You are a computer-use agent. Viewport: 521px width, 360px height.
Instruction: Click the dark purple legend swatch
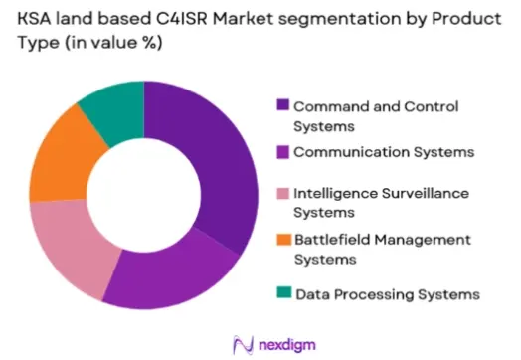point(282,104)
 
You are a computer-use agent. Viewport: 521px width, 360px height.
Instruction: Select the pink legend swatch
point(282,194)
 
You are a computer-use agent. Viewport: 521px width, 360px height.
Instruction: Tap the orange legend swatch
point(283,240)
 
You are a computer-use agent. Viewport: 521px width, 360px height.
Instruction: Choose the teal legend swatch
point(284,292)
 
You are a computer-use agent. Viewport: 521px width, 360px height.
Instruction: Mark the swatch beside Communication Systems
point(282,152)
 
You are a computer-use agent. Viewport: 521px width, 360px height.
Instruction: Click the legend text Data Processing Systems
point(388,294)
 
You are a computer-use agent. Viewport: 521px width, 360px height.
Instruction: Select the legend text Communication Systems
point(384,152)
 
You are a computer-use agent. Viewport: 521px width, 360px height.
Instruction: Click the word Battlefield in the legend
point(333,240)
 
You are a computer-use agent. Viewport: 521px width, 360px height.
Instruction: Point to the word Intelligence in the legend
point(336,194)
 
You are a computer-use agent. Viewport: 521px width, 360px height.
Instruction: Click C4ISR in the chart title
point(182,19)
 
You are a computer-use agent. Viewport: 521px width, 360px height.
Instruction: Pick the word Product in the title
point(466,19)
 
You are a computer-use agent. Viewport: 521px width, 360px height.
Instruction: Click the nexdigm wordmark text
point(287,345)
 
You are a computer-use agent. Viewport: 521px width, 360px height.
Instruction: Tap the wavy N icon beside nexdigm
point(244,345)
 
